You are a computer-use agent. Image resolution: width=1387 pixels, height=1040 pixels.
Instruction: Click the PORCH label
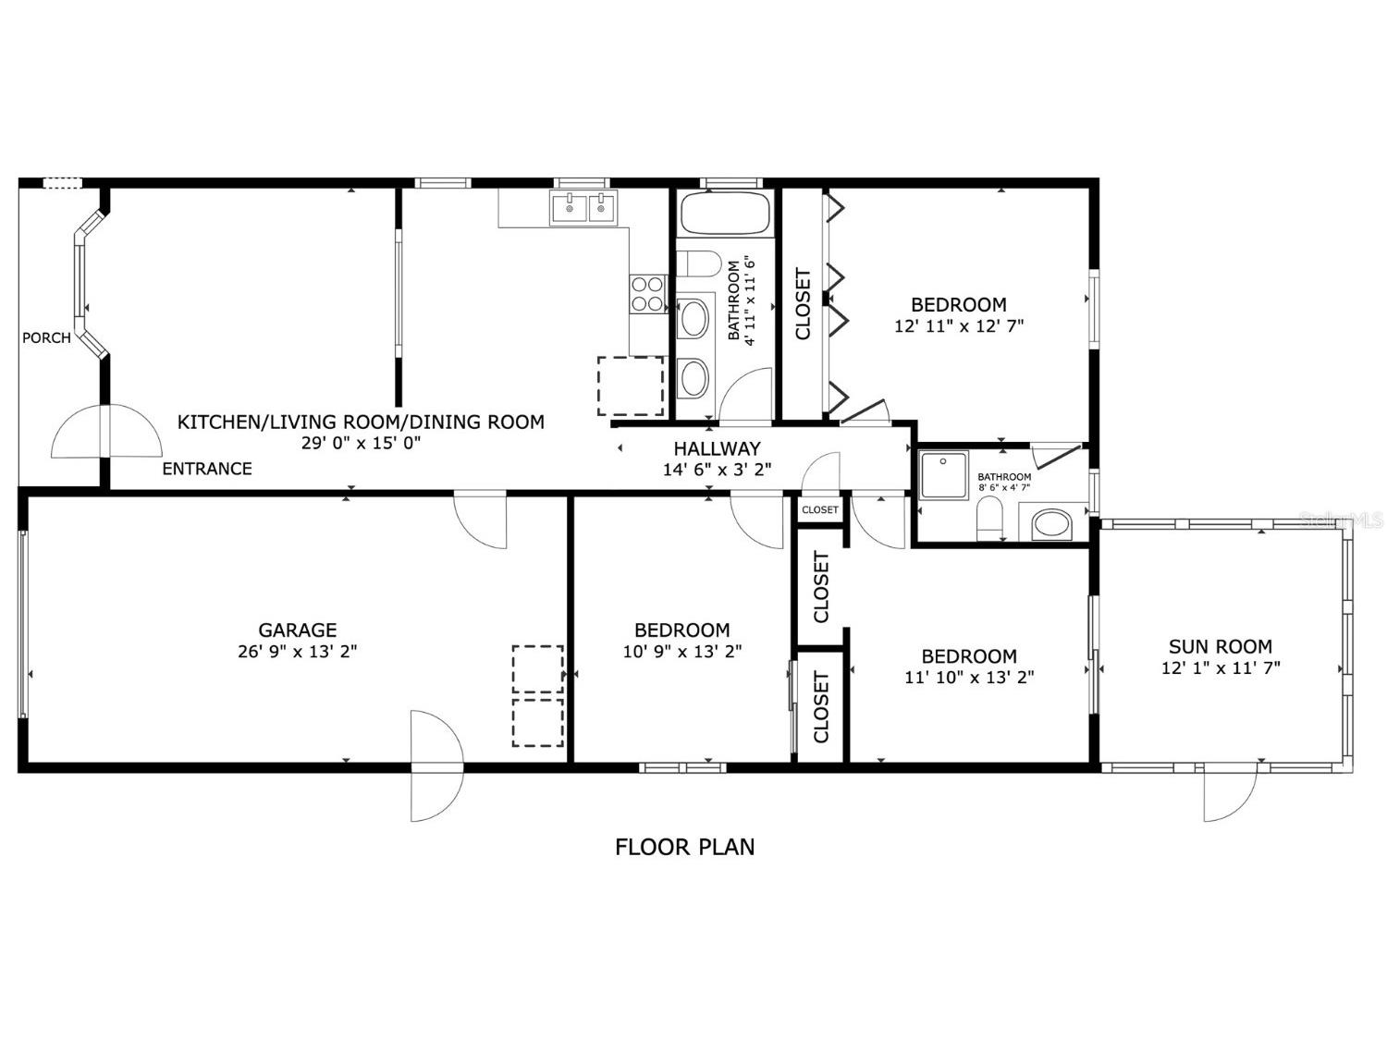point(46,338)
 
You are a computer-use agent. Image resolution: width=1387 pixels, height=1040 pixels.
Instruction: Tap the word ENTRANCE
point(207,469)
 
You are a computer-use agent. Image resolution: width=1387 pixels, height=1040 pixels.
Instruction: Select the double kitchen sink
point(583,209)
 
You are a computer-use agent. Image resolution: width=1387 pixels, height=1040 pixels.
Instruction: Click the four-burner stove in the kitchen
point(648,294)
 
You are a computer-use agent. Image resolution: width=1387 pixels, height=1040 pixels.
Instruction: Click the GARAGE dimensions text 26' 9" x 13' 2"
point(297,651)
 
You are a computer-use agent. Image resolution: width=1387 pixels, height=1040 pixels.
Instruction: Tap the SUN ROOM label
point(1221,646)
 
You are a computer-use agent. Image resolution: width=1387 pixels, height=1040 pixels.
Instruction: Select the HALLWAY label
point(717,448)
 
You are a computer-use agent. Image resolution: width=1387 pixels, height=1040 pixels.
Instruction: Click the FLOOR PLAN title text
point(685,847)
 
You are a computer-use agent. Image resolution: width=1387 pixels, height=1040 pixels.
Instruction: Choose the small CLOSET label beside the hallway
point(820,510)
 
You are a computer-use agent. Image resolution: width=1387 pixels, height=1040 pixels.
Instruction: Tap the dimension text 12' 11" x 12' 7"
point(959,326)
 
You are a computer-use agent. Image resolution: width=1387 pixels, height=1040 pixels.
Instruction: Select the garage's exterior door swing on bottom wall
point(436,765)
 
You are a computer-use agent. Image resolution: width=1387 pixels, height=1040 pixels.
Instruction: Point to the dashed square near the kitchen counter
point(631,385)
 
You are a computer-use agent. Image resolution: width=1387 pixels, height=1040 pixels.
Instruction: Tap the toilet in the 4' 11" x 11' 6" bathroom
point(703,264)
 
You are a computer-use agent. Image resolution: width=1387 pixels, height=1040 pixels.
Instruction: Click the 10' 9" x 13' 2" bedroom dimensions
point(682,651)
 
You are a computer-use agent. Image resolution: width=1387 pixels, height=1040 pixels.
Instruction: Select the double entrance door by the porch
point(106,432)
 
